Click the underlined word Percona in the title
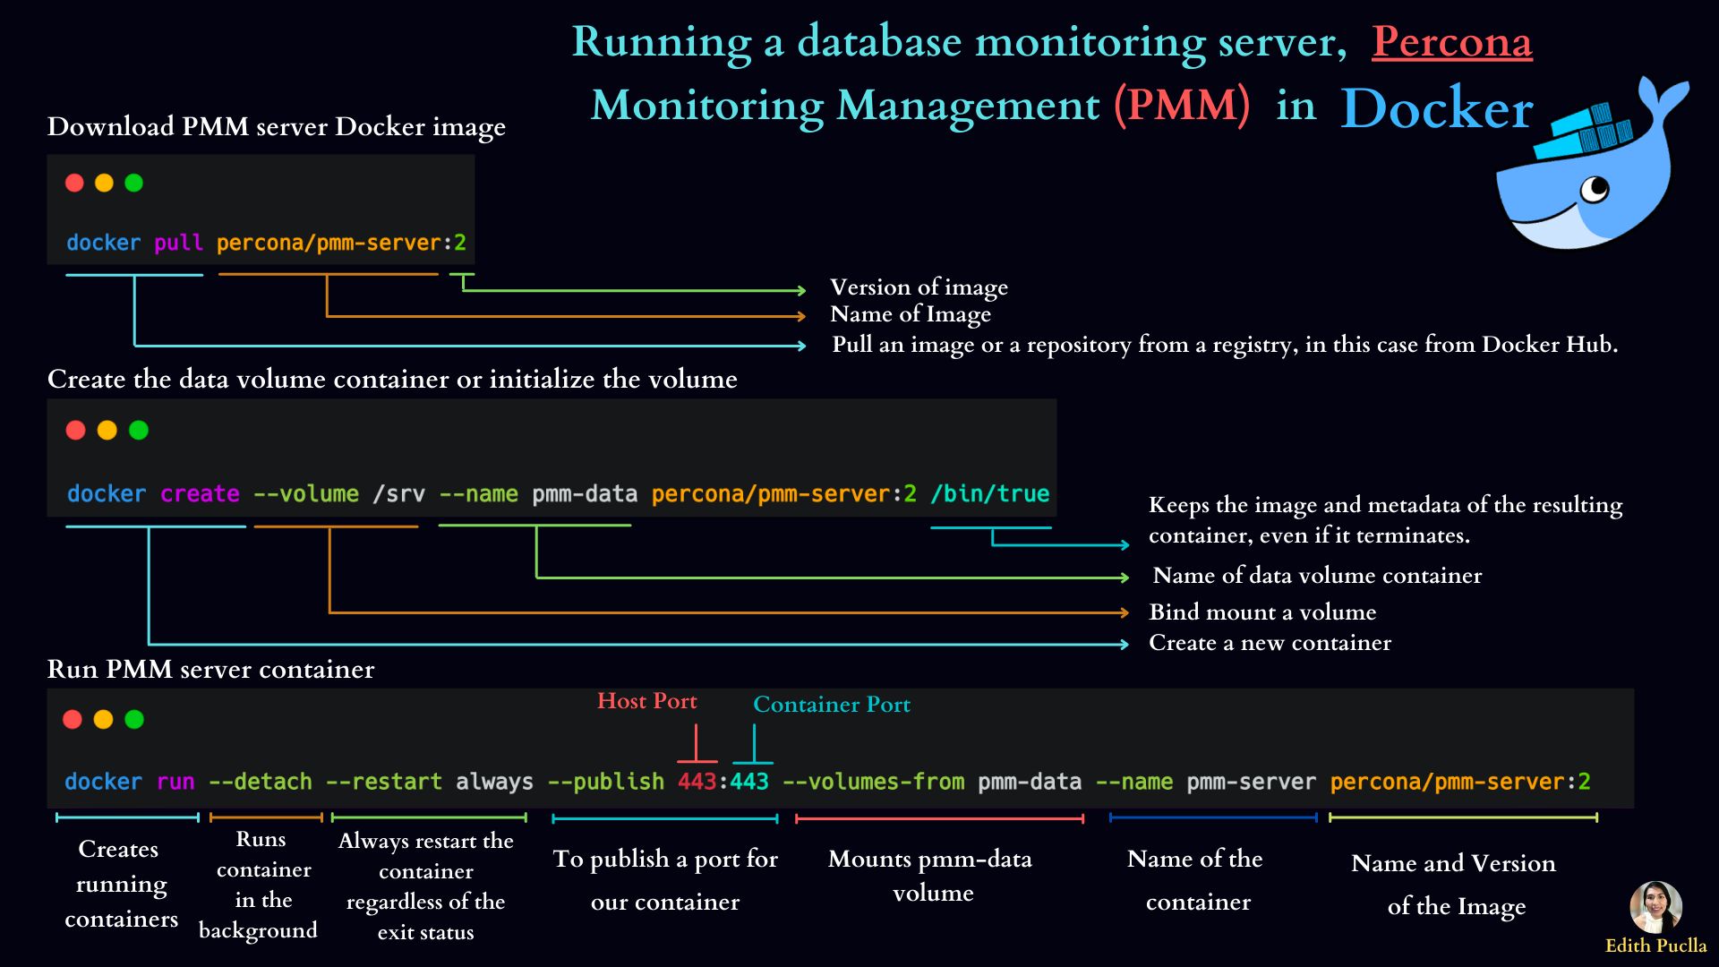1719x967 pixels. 1451,42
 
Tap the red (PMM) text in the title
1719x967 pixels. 1182,106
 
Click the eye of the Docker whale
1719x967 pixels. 1595,189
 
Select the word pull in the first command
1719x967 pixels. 178,243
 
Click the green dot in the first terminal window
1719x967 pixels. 134,183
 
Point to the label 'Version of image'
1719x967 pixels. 919,287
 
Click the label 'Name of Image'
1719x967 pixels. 911,314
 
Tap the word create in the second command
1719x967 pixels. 200,493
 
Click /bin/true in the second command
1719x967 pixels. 989,493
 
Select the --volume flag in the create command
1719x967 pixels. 306,493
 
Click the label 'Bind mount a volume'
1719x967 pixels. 1262,612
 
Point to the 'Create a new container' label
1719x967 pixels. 1270,643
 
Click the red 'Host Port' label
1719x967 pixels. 646,701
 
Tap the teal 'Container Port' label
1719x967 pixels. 832,705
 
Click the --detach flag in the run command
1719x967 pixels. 260,782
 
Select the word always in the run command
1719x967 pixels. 494,782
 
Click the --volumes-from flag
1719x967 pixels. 873,782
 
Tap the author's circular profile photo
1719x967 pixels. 1655,907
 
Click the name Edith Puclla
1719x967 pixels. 1655,946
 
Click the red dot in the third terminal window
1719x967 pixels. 73,719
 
